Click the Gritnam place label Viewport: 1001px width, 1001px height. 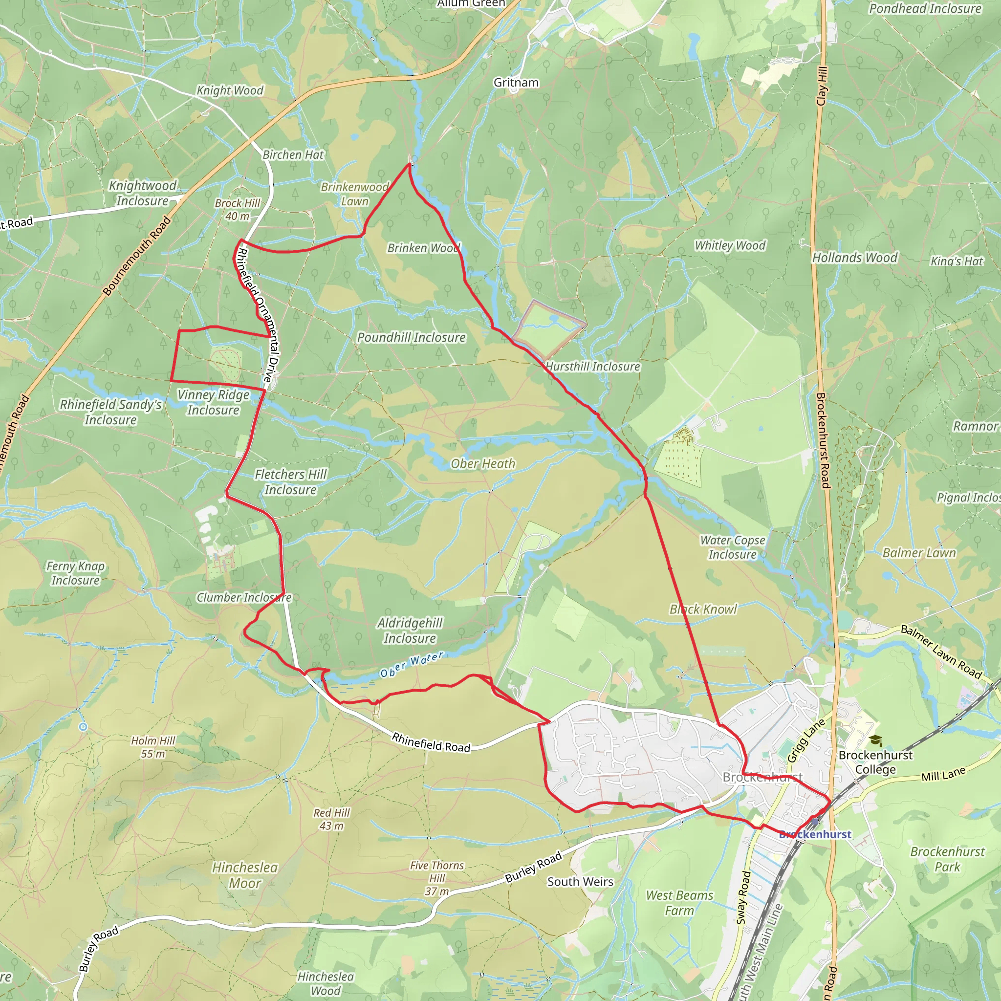(x=516, y=83)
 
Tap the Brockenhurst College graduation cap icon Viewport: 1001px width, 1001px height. (x=875, y=741)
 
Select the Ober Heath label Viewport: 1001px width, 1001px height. (x=483, y=464)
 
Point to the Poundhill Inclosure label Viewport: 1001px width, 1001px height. (x=412, y=337)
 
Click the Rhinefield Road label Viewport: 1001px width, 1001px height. (x=431, y=742)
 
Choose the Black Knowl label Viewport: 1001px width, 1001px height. (x=703, y=609)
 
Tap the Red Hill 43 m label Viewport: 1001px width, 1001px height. (x=331, y=819)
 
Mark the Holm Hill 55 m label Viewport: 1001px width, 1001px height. (x=153, y=747)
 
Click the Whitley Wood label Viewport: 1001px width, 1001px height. (x=730, y=245)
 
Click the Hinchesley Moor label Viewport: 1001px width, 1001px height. (x=244, y=875)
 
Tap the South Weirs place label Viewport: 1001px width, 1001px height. (x=580, y=882)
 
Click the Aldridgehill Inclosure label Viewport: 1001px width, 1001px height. (x=410, y=631)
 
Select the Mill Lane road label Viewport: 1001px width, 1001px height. (x=943, y=774)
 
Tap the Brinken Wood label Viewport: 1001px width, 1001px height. (x=423, y=248)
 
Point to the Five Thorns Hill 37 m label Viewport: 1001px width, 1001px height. (x=437, y=878)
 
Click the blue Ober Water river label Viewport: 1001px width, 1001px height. (x=412, y=665)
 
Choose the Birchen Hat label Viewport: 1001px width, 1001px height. (x=293, y=155)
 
